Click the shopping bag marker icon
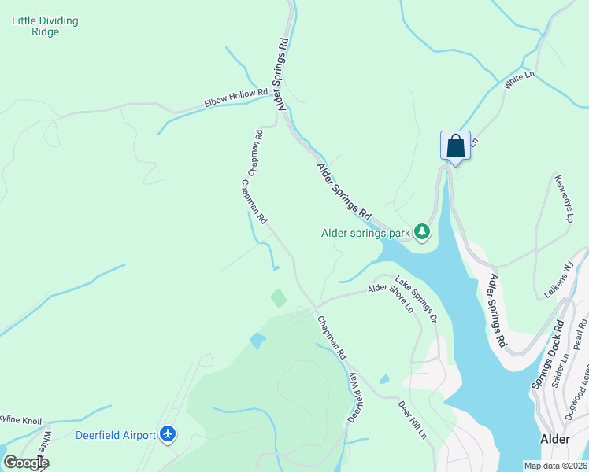click(x=455, y=146)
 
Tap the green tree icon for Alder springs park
click(x=423, y=232)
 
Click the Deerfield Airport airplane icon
click(x=167, y=434)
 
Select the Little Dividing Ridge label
click(x=45, y=27)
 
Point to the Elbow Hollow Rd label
click(x=232, y=98)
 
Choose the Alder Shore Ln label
click(x=391, y=298)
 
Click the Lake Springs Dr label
click(x=416, y=300)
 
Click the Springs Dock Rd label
click(x=549, y=354)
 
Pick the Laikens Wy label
click(x=556, y=281)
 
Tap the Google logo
click(x=25, y=463)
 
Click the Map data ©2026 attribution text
click(x=555, y=466)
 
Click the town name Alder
click(x=556, y=440)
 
